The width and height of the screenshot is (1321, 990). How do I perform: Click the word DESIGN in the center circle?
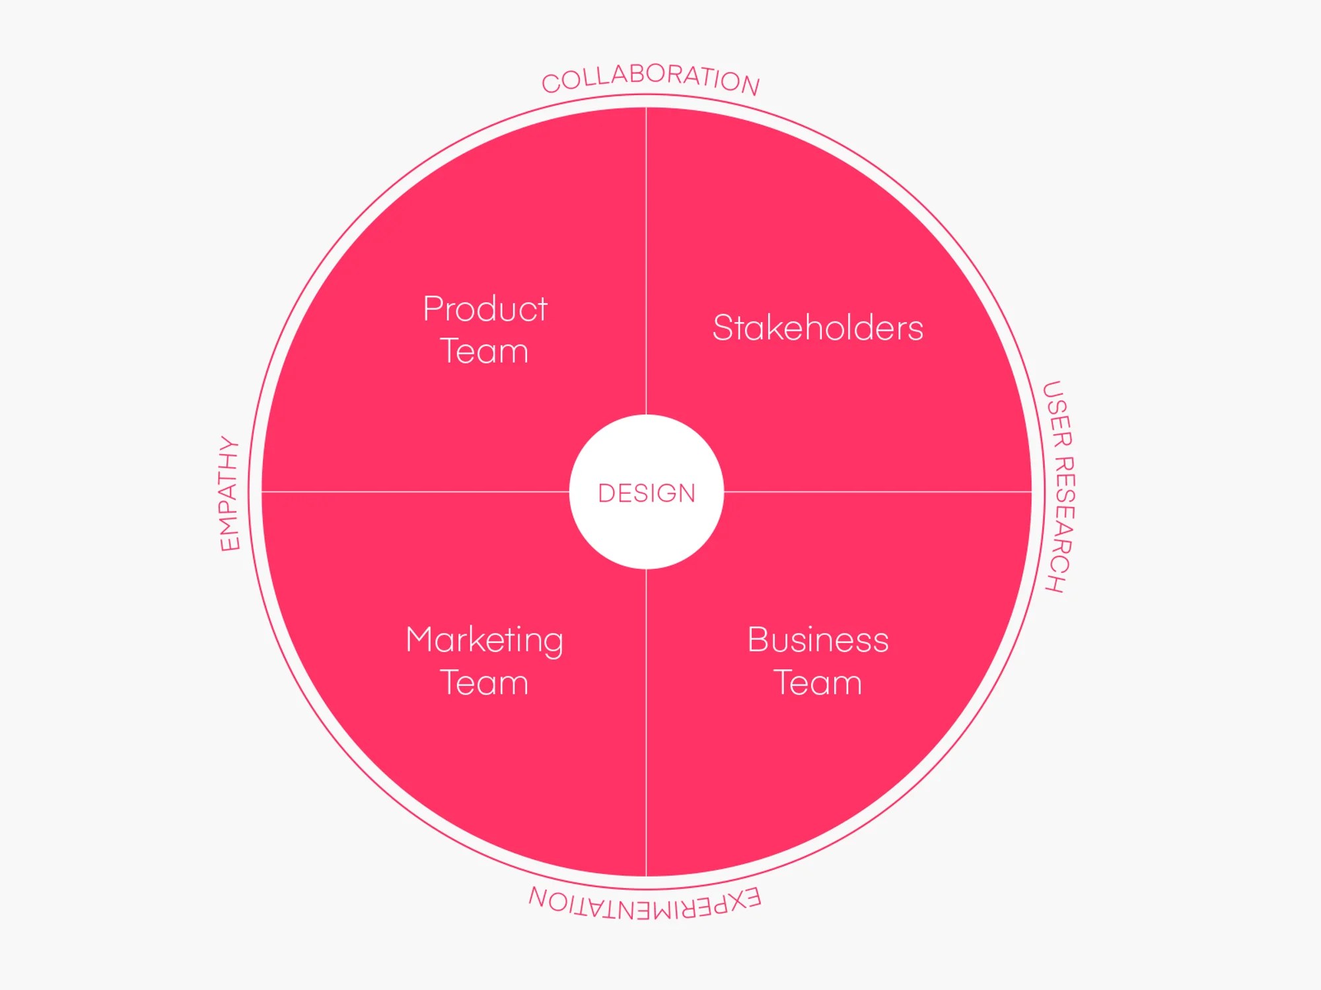pyautogui.click(x=647, y=493)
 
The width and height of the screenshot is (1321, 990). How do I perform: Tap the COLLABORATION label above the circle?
pyautogui.click(x=651, y=77)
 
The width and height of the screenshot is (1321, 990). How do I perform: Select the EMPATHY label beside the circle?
pyautogui.click(x=229, y=494)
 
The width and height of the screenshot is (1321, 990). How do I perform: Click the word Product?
pyautogui.click(x=485, y=309)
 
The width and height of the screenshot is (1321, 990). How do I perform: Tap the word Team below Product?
pyautogui.click(x=485, y=351)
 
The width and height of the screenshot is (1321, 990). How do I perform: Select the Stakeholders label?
pyautogui.click(x=818, y=328)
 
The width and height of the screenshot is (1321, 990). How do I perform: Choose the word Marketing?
pyautogui.click(x=485, y=640)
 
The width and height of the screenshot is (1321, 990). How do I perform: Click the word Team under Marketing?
pyautogui.click(x=485, y=682)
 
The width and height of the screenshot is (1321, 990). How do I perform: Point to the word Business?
pyautogui.click(x=818, y=640)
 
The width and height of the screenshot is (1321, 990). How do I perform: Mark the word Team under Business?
pyautogui.click(x=818, y=682)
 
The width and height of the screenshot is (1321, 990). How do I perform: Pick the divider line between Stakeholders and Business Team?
pyautogui.click(x=878, y=492)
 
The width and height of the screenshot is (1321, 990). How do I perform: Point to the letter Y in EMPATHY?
pyautogui.click(x=228, y=445)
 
